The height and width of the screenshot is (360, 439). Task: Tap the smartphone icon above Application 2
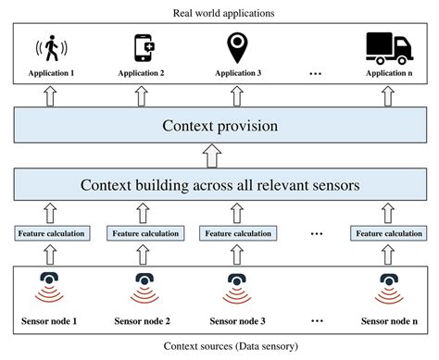(x=143, y=46)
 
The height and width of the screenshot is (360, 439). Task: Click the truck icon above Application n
(x=387, y=46)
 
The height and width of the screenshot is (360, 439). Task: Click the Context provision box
(x=219, y=124)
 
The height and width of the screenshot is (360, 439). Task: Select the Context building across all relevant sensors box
(x=219, y=185)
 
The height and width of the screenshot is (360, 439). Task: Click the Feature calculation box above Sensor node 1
(x=52, y=232)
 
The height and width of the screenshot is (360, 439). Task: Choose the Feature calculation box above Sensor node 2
(x=143, y=232)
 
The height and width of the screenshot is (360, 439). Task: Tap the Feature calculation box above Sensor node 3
(x=232, y=232)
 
